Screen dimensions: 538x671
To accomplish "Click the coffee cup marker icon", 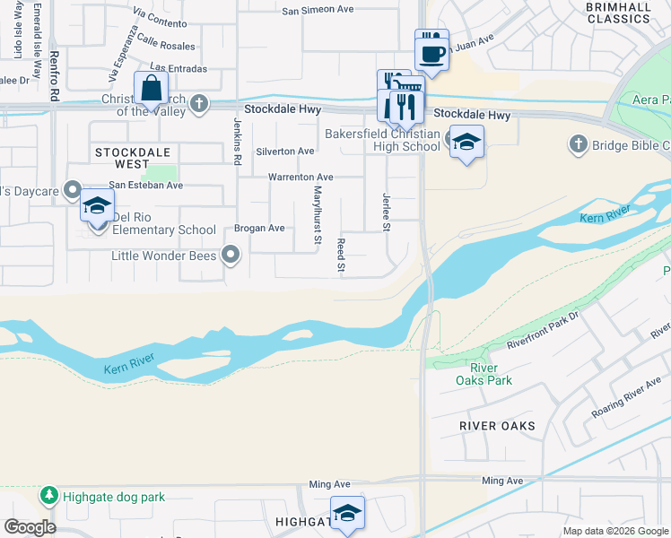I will pos(431,49).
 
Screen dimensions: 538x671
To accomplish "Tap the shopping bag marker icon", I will pos(151,89).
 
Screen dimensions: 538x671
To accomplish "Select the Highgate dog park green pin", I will pos(48,495).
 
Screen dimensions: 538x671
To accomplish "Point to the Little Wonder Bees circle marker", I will pos(231,256).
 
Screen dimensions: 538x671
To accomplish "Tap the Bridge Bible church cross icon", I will pos(578,144).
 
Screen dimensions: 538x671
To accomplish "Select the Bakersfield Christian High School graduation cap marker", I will pos(466,141).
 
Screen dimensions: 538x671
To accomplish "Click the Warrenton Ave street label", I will pos(301,178).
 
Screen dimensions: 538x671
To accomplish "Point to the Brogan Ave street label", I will pos(259,229).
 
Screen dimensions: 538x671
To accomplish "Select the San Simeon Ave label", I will pos(318,11).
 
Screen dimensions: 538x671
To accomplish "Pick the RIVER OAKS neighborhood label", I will pos(497,426).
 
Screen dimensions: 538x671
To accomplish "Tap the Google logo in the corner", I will pos(30,526).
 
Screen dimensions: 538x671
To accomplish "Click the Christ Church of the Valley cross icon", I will pos(198,104).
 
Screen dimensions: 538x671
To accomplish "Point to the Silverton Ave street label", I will pos(285,152).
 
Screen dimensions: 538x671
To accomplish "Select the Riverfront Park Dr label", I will pos(545,329).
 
